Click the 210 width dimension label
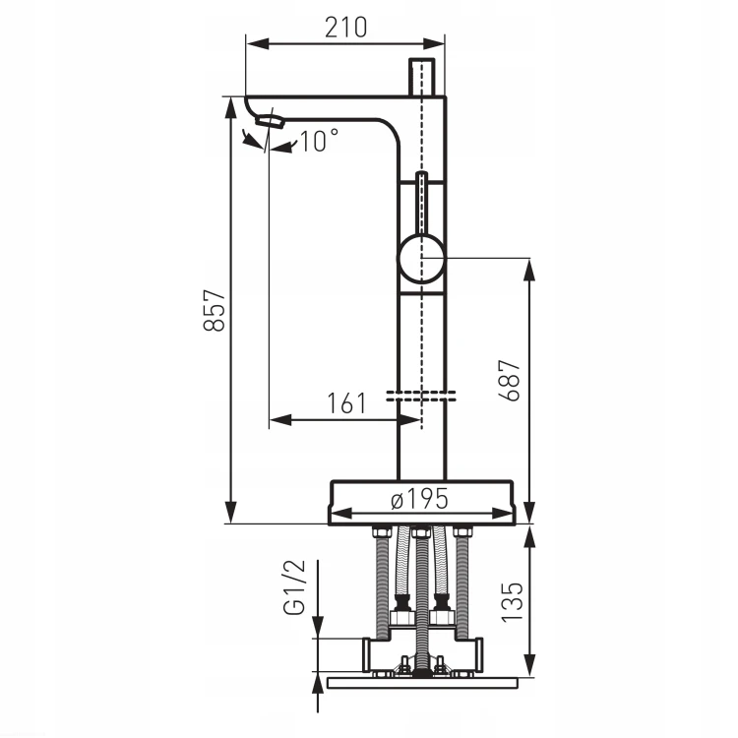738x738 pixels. click(346, 28)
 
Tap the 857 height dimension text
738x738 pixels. click(215, 310)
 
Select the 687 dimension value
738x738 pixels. click(510, 380)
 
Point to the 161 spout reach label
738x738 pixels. click(346, 403)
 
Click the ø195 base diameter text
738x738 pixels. click(419, 499)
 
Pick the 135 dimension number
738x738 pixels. click(512, 603)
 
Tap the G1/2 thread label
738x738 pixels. click(294, 587)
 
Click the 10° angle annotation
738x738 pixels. click(319, 141)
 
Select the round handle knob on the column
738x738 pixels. click(422, 259)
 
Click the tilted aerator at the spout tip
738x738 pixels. click(271, 121)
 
